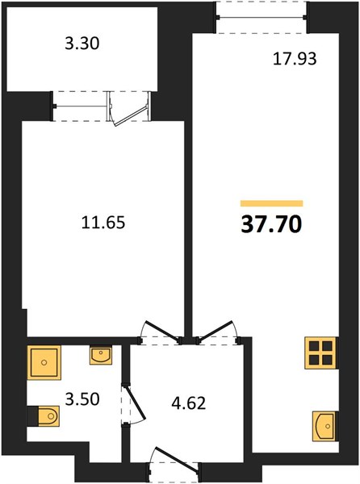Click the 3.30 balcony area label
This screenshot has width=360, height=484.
(x=82, y=44)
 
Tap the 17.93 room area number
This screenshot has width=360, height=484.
(x=295, y=59)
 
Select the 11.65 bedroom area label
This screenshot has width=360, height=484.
(x=103, y=223)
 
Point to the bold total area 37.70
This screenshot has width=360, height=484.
(x=271, y=224)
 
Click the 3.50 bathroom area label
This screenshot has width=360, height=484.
(x=82, y=399)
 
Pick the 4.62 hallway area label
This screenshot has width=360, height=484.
(x=188, y=403)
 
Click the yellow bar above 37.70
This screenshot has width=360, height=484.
(x=272, y=203)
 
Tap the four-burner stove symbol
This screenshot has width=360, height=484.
(x=320, y=353)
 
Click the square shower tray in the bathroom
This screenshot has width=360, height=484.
(x=44, y=362)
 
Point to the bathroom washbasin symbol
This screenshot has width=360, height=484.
(x=101, y=355)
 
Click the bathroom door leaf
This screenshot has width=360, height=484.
(x=136, y=401)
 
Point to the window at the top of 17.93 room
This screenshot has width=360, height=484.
(x=262, y=17)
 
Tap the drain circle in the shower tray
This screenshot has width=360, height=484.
(x=44, y=362)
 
